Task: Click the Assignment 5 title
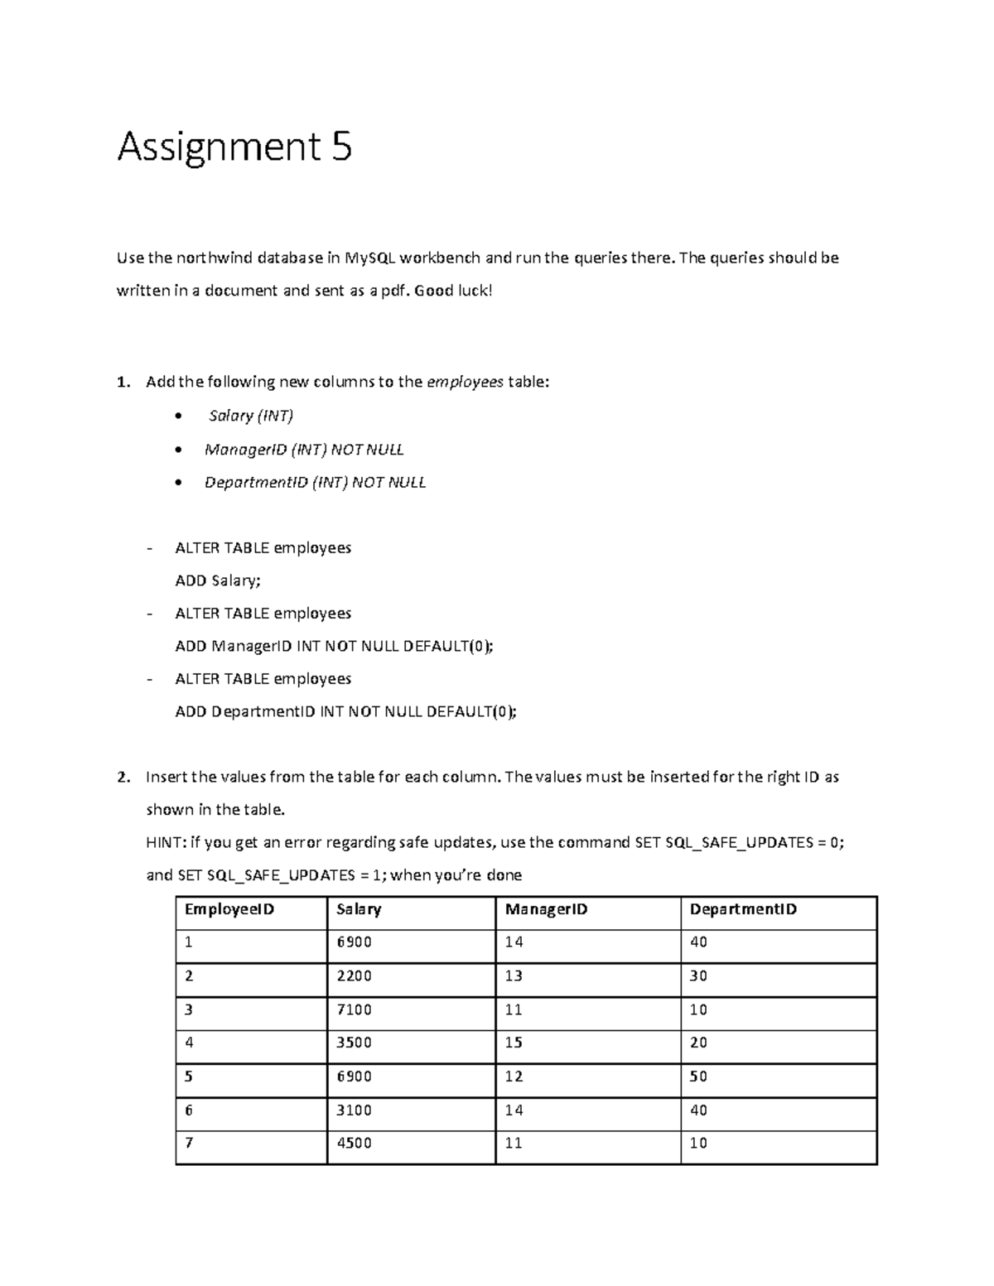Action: [234, 147]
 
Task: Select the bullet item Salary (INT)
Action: [251, 416]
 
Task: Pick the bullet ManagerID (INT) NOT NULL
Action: [304, 450]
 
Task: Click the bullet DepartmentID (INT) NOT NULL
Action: [315, 483]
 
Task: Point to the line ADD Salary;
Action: [218, 580]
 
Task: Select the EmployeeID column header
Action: [229, 910]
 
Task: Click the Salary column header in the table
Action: [359, 910]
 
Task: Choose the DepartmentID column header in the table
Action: [743, 910]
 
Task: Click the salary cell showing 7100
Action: [354, 1010]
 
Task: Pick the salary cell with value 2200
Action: [354, 976]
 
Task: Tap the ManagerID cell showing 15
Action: [514, 1043]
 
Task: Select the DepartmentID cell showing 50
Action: [698, 1077]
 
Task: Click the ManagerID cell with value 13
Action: [514, 976]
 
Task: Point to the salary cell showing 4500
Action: [354, 1144]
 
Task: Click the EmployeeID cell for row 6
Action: [189, 1110]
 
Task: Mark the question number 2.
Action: [123, 778]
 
